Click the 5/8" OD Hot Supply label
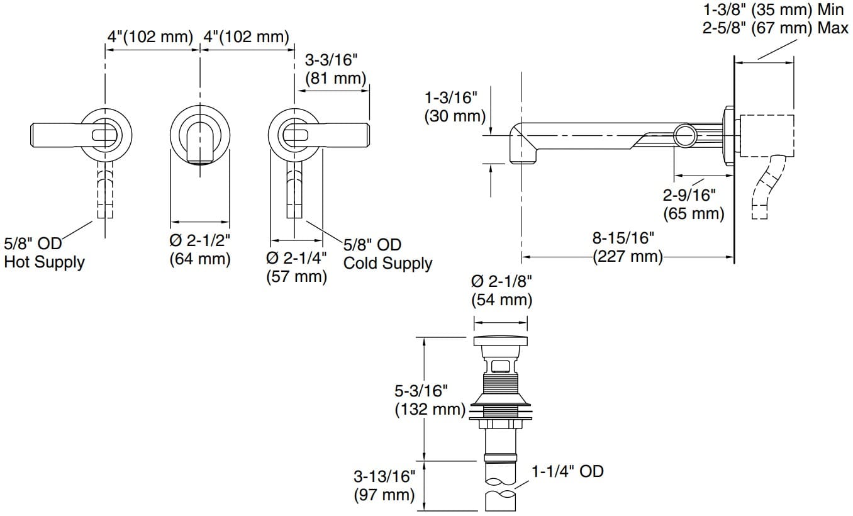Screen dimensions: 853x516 tap(44, 252)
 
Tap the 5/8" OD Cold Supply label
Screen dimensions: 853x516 tap(387, 254)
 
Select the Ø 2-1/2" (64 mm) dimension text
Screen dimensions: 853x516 tap(200, 249)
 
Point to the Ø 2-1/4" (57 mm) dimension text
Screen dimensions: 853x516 tap(296, 267)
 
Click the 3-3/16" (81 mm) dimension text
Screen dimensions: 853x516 tap(335, 69)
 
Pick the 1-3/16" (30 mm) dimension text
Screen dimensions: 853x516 tap(455, 107)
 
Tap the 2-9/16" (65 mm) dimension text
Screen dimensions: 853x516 tap(693, 205)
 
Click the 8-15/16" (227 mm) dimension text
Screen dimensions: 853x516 tap(628, 247)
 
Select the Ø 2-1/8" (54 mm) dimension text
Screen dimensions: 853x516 tap(501, 291)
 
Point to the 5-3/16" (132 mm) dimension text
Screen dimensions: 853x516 tap(430, 400)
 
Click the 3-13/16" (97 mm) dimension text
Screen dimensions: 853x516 tap(384, 486)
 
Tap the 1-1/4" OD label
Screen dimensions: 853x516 tap(567, 471)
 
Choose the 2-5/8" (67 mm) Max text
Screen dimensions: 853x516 tap(776, 28)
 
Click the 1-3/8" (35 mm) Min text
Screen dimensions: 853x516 tap(773, 9)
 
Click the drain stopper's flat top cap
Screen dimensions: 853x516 tap(501, 341)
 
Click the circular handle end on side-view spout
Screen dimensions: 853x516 tap(685, 135)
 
